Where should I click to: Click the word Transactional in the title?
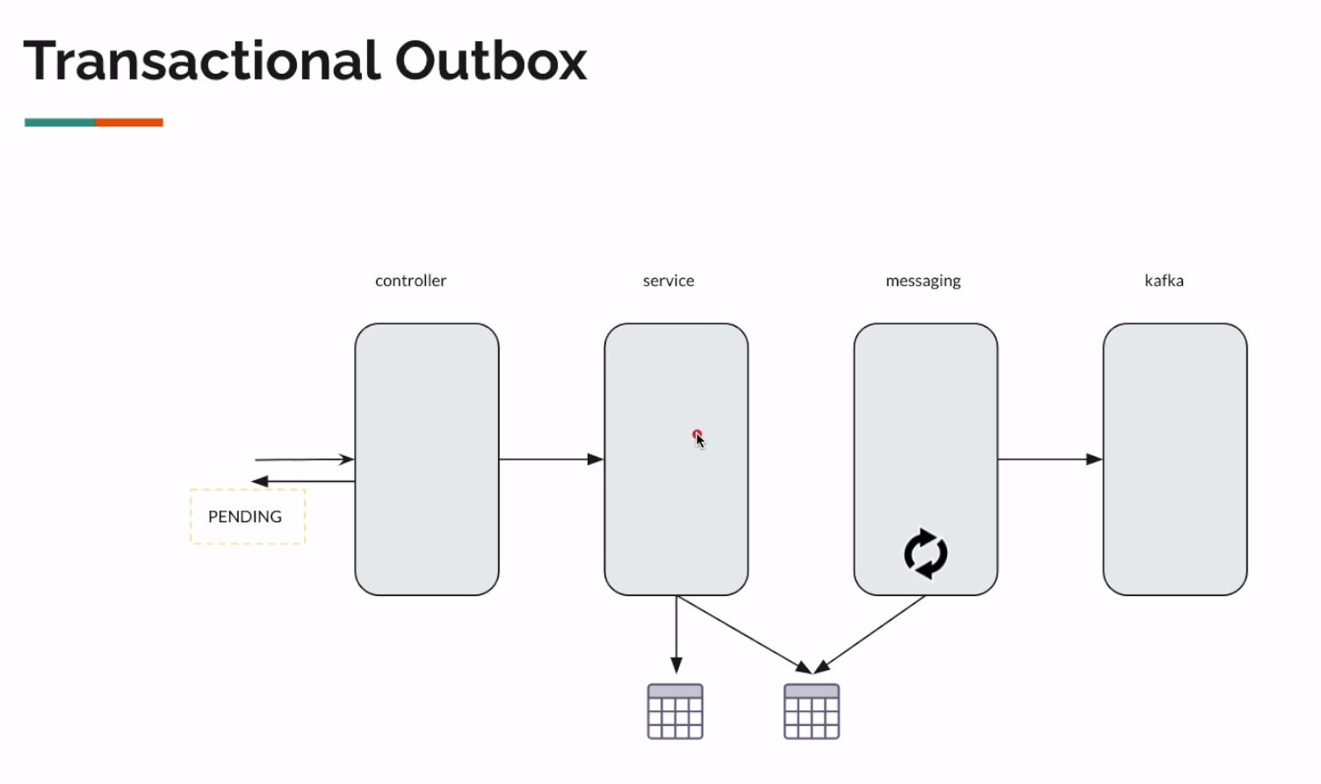[202, 61]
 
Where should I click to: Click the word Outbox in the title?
[490, 61]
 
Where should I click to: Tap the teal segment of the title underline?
[60, 123]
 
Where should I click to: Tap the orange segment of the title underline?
[129, 123]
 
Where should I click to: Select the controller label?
[410, 281]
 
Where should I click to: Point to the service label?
[668, 281]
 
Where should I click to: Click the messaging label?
[922, 281]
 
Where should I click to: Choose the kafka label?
[1164, 281]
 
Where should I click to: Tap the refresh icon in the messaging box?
[926, 554]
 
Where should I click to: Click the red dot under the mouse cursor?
[696, 434]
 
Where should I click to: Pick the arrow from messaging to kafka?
[1050, 459]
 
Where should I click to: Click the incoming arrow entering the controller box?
[304, 459]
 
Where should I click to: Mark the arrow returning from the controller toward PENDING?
[304, 481]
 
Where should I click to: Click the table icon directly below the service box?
[675, 711]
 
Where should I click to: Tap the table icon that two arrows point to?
[812, 711]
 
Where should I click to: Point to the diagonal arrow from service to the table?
[743, 634]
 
